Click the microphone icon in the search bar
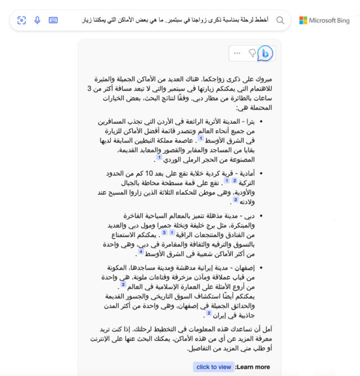pyautogui.click(x=37, y=20)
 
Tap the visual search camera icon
pyautogui.click(x=22, y=20)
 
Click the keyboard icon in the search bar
pyautogui.click(x=53, y=20)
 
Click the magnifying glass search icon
pyautogui.click(x=280, y=20)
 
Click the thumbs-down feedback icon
pyautogui.click(x=251, y=53)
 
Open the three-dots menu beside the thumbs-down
pyautogui.click(x=237, y=53)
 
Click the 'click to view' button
pyautogui.click(x=213, y=367)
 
